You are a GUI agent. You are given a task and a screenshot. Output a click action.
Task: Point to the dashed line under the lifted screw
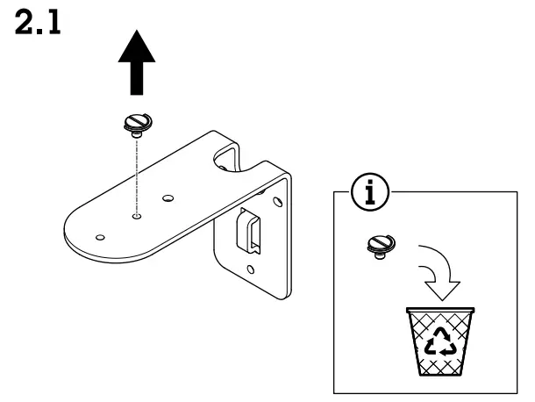click(x=135, y=176)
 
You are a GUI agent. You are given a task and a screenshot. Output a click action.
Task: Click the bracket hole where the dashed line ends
click(x=136, y=212)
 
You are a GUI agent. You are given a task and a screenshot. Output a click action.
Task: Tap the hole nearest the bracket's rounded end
click(x=99, y=237)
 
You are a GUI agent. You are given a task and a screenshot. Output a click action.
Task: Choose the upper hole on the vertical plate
click(x=278, y=204)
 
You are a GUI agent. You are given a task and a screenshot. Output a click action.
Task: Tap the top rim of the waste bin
click(x=439, y=310)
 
